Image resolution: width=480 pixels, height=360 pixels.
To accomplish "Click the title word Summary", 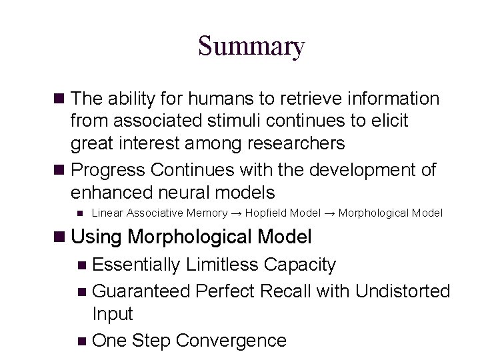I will coord(251,47).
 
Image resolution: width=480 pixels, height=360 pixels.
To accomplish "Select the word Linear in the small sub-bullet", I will coord(106,213).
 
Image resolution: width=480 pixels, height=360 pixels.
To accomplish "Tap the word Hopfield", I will coord(264,213).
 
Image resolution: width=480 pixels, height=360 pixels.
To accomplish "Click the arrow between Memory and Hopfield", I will coord(236,213).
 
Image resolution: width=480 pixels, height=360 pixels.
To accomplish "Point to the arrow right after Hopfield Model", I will coord(329,213).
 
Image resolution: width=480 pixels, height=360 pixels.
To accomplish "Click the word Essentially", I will coord(137,265).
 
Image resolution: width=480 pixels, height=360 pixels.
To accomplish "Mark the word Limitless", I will coord(222,265).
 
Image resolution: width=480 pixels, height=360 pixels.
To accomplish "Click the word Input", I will coord(113,313).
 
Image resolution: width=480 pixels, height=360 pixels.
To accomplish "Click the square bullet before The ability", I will coord(59,99).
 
